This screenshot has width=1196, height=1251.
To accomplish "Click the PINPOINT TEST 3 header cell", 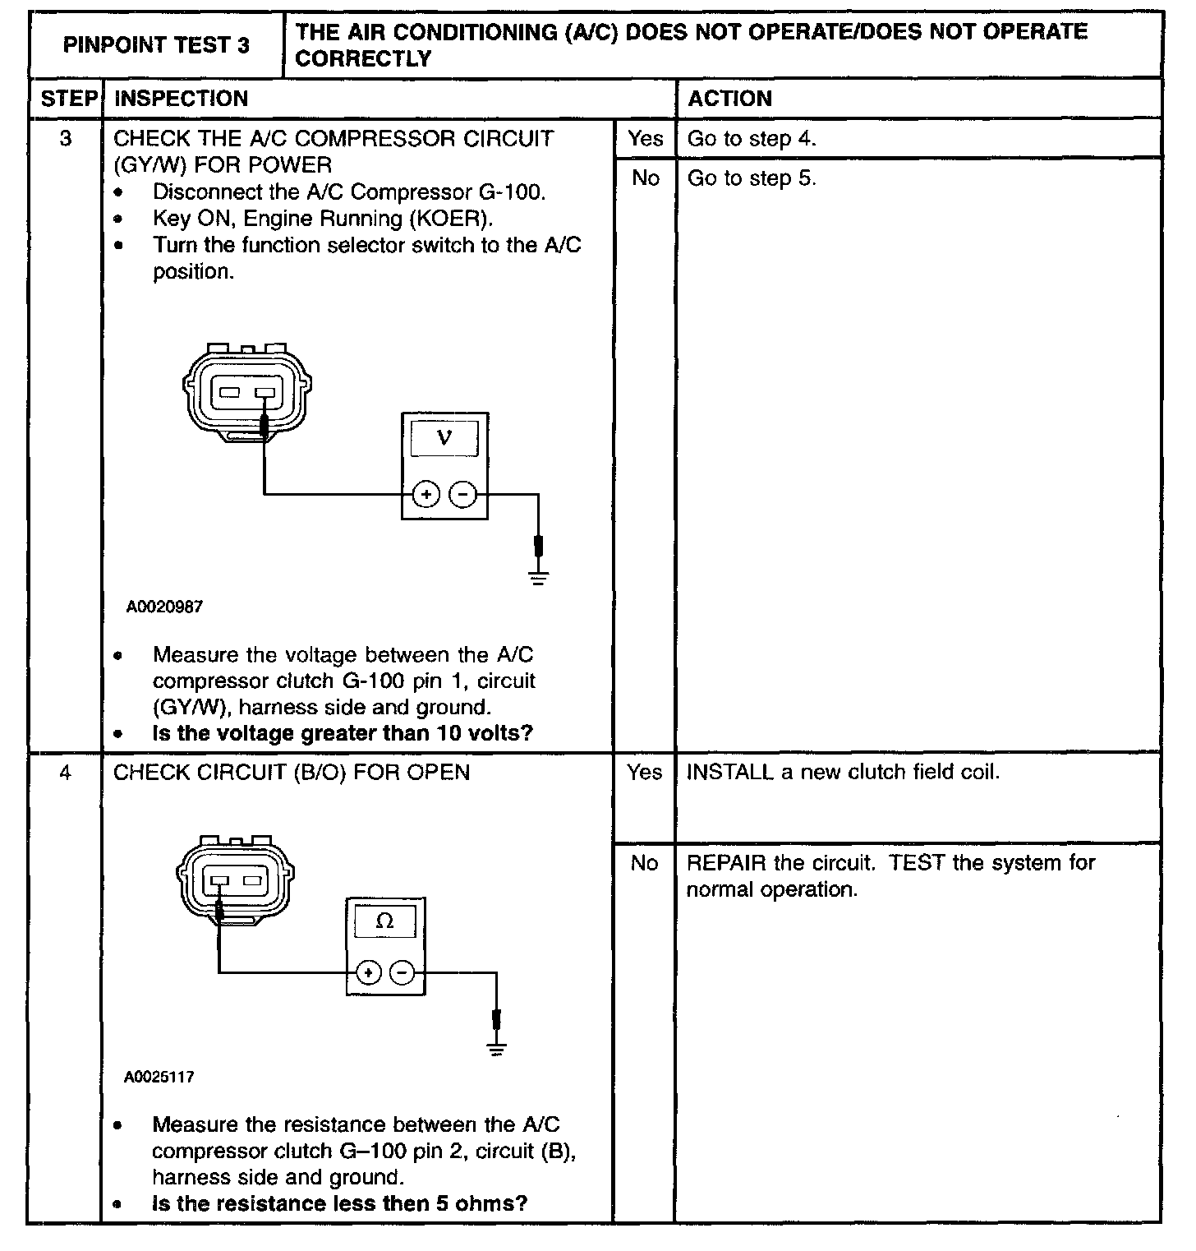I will point(156,45).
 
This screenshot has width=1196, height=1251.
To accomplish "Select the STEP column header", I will point(68,99).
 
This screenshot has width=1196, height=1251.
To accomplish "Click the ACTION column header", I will point(729,99).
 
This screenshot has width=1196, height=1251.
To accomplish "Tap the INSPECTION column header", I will point(181,99).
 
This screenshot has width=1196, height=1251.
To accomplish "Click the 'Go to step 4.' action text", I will point(752,139).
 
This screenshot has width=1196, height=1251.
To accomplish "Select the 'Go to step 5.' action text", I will point(752,178).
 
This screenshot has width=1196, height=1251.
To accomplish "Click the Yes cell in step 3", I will point(645,139).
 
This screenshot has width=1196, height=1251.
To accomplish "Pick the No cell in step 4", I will point(645,863).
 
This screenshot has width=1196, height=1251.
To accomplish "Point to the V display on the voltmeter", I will point(444,436).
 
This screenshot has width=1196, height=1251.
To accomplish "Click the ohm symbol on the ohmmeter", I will point(384,921).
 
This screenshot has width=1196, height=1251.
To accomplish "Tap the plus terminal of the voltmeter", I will point(425,494).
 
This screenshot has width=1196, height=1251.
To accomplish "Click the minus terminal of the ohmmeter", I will point(402,973).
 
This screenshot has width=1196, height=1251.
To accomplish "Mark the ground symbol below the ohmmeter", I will point(496,1046).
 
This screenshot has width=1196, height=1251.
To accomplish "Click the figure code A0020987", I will point(164,607).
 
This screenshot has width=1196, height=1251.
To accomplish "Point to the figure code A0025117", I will point(159,1077).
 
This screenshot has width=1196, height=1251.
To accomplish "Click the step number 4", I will point(66,773).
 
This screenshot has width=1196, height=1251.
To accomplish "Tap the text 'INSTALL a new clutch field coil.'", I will point(843,773).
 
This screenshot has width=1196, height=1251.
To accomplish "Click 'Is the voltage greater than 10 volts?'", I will point(343,733).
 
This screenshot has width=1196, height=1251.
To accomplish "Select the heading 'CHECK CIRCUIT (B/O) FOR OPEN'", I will point(292,773).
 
